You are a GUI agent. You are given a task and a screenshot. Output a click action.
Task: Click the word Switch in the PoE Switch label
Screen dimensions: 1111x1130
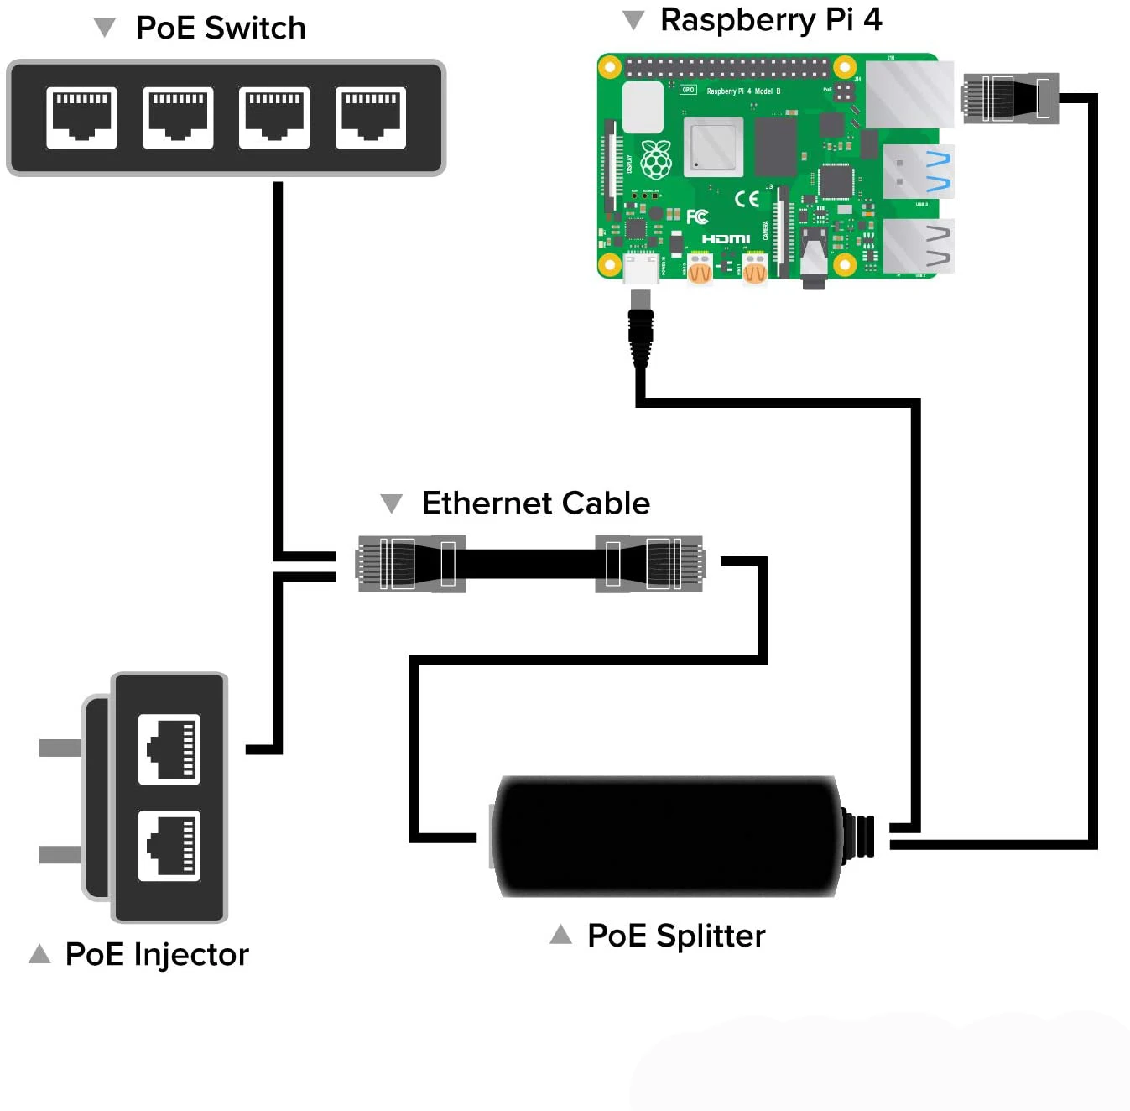click(255, 29)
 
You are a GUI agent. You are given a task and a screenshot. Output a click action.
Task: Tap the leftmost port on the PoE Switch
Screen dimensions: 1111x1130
click(81, 117)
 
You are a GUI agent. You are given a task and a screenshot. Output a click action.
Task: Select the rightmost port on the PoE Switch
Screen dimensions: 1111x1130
click(371, 117)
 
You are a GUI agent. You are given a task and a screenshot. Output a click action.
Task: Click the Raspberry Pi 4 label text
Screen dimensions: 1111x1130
click(770, 20)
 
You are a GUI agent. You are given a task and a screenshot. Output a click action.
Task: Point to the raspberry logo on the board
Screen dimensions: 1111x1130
click(656, 159)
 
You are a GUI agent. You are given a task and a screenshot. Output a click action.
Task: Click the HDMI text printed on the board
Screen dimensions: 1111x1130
click(726, 239)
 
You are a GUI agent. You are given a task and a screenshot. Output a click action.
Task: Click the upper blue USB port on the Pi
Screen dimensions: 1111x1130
click(918, 170)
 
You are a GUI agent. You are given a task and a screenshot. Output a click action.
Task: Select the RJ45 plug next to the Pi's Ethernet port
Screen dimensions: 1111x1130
click(1009, 98)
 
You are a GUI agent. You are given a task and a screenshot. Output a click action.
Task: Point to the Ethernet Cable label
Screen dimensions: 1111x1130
click(535, 503)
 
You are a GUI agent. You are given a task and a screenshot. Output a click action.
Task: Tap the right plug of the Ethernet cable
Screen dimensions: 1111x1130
click(650, 563)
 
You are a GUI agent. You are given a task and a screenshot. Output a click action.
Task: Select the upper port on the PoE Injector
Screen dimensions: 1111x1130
click(169, 748)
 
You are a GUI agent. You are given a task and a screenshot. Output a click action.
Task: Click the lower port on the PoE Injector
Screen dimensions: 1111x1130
click(169, 845)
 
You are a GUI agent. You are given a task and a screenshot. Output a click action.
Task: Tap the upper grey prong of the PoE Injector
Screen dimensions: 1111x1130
click(60, 748)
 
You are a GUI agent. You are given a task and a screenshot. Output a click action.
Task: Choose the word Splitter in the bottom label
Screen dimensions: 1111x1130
click(711, 936)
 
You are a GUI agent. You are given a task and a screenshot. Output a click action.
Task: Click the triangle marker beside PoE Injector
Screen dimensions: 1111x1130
click(39, 953)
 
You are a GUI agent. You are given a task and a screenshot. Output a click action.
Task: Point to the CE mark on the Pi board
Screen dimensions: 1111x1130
click(747, 198)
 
